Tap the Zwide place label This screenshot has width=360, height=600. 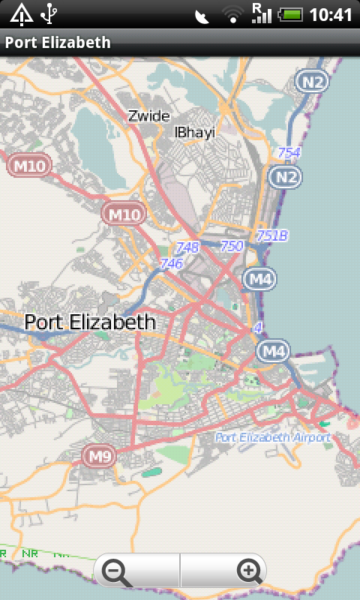148,115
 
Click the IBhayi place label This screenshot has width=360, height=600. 194,132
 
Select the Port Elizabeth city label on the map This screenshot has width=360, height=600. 90,322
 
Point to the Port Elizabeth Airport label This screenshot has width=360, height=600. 272,437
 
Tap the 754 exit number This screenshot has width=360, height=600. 289,153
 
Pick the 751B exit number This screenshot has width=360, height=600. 271,235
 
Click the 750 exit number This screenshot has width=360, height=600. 232,245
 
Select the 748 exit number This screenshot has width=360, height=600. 187,247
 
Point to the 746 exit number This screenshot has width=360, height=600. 171,263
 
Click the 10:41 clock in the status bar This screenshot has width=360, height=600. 331,14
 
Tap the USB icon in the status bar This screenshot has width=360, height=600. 49,13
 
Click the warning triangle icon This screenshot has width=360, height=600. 21,13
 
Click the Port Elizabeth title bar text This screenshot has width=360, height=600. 58,43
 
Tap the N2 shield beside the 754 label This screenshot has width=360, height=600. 284,177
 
